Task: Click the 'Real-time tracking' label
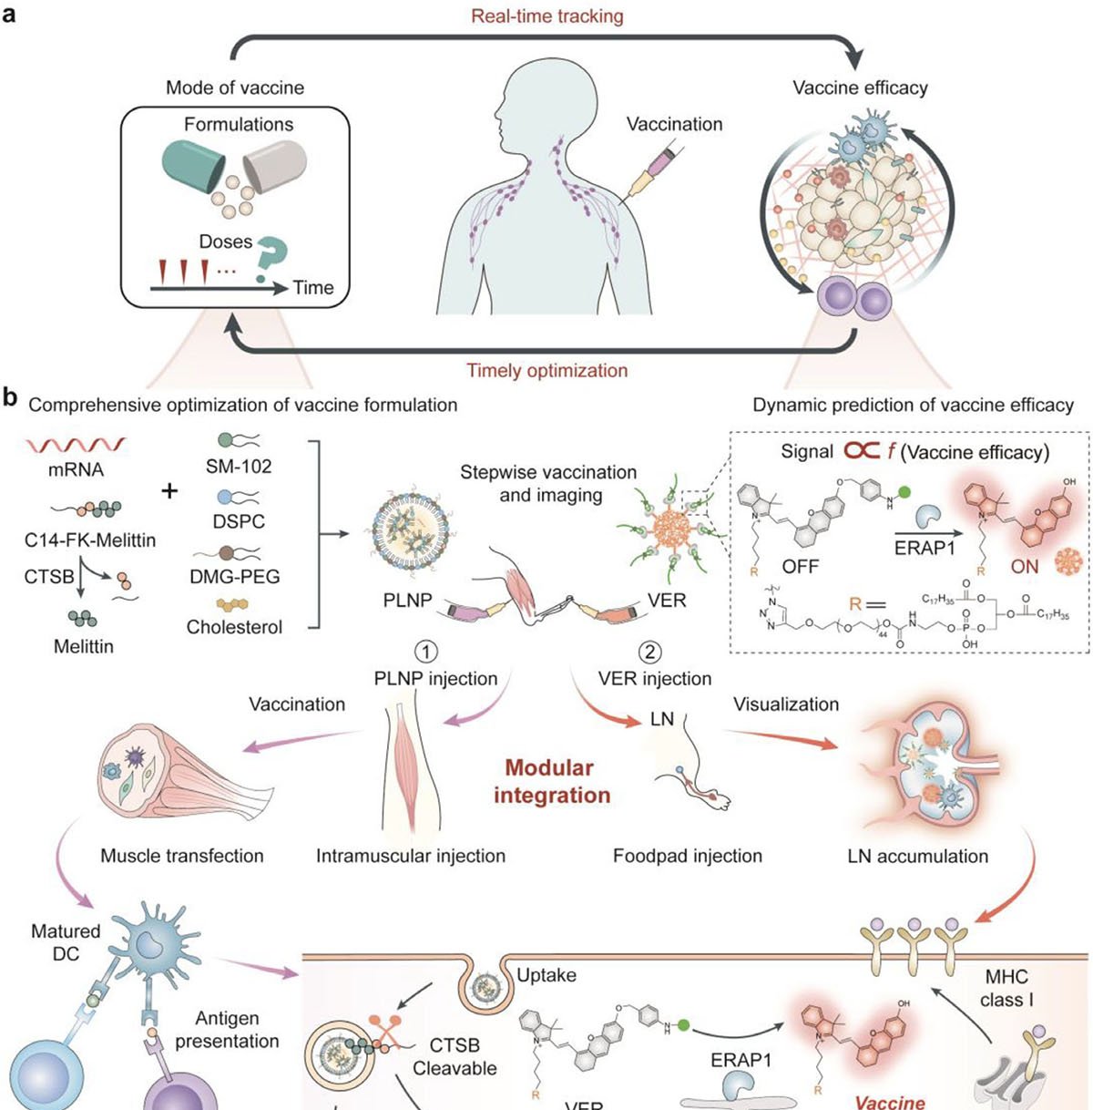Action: pyautogui.click(x=546, y=16)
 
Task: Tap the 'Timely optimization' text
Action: pyautogui.click(x=546, y=371)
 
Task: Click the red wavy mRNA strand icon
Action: pyautogui.click(x=76, y=447)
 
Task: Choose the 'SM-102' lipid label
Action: pyautogui.click(x=239, y=467)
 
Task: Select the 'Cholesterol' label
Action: pyautogui.click(x=235, y=627)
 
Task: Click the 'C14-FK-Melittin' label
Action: pyautogui.click(x=90, y=540)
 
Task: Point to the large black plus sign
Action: pyautogui.click(x=170, y=492)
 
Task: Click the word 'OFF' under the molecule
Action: pyautogui.click(x=801, y=567)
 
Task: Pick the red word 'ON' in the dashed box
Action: pyautogui.click(x=1025, y=567)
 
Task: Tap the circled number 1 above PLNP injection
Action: pyautogui.click(x=425, y=653)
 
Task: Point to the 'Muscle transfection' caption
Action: pyautogui.click(x=182, y=856)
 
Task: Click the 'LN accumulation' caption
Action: pyautogui.click(x=917, y=856)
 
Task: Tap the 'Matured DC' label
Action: pyautogui.click(x=66, y=942)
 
